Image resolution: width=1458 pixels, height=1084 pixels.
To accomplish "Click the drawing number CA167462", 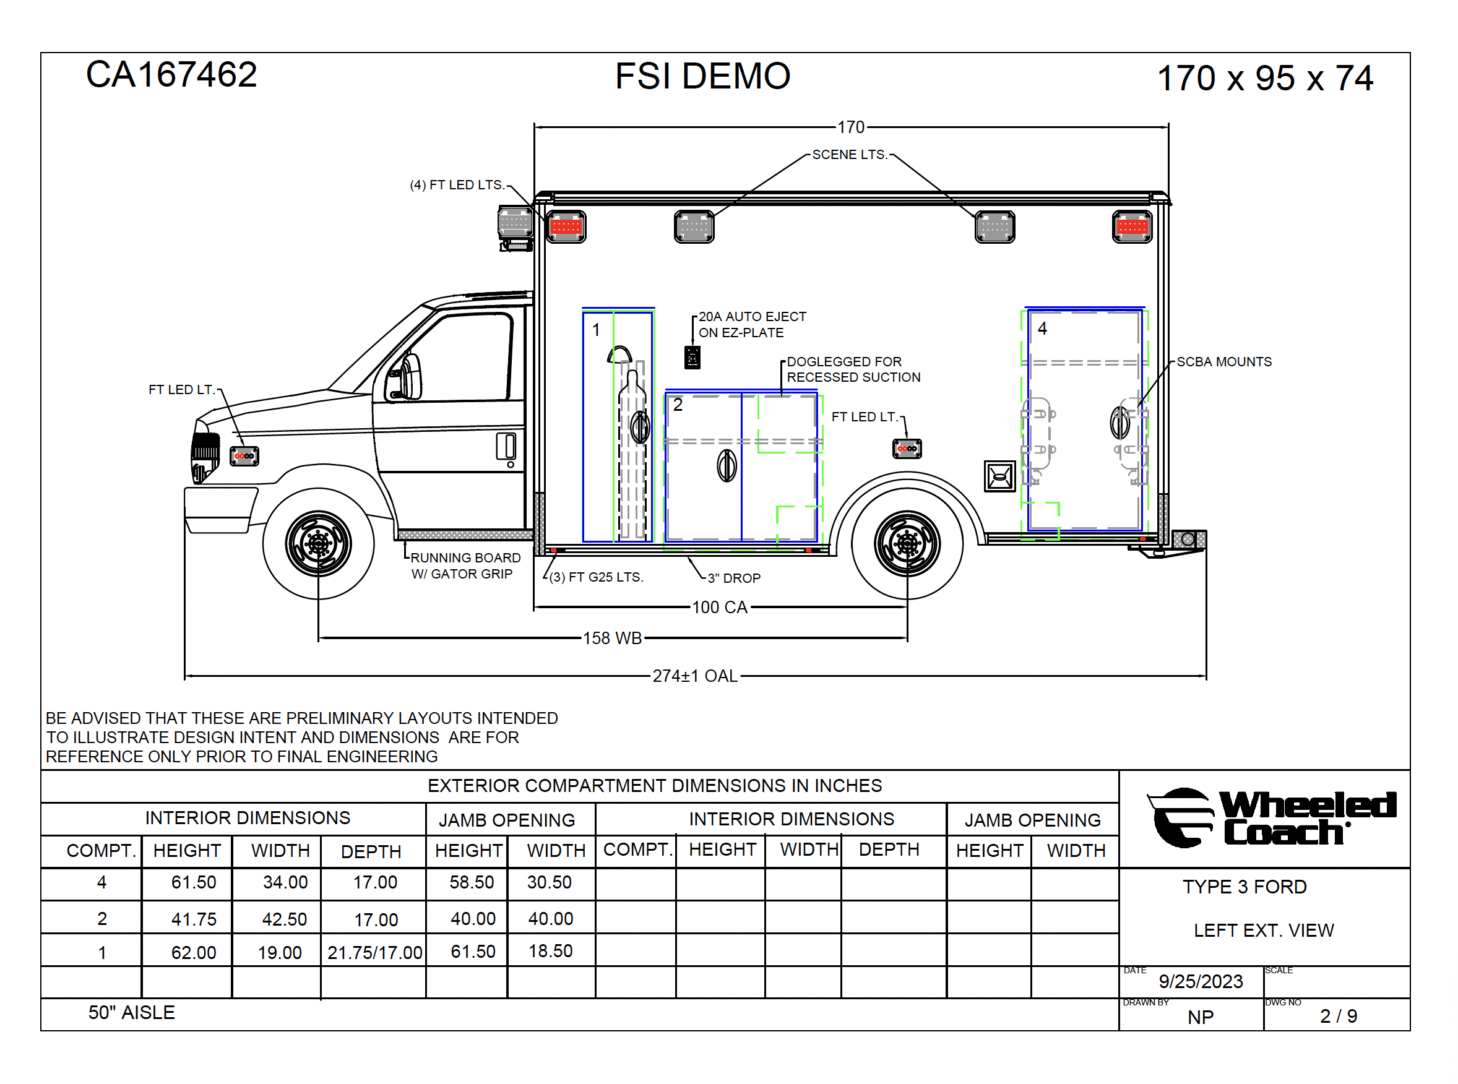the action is pos(171,74).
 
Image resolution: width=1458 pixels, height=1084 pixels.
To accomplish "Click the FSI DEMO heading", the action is pos(703,76).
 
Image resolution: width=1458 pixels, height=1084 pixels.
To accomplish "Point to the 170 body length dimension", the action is pos(851,127).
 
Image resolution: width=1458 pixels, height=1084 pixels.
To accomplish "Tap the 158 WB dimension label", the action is pos(612,638).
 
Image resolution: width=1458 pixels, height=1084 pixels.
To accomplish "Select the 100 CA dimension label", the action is pos(720,607).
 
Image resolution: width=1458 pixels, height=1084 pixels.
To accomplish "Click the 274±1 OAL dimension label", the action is pos(695,676).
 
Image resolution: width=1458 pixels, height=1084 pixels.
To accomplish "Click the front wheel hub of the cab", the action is pos(318,543).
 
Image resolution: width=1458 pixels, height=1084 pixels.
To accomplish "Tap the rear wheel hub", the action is pos(907,543).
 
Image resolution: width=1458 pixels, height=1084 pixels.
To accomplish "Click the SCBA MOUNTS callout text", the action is pos(1223,361).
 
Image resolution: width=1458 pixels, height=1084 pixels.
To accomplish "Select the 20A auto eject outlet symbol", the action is pos(692,358).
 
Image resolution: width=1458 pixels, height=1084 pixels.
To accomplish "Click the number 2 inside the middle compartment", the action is pos(678,405).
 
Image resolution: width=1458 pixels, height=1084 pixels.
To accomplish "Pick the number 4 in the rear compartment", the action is pos(1042,329).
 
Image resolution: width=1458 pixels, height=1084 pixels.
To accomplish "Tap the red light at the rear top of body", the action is pos(1132,227).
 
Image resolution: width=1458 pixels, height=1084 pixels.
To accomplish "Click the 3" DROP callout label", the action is pos(734,578).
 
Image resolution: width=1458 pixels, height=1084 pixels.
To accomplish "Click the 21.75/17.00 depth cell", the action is pos(374,953).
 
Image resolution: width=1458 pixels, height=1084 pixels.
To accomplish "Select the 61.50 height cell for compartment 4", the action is pos(194,882).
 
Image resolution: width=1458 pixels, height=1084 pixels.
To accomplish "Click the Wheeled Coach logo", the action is pos(1272,817).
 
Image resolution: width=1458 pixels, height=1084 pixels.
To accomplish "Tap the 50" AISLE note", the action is pos(131,1012).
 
